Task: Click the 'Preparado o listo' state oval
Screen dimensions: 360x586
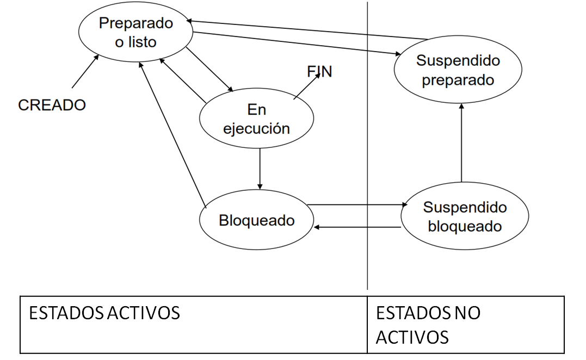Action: [135, 33]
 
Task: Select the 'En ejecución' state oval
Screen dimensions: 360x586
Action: [256, 120]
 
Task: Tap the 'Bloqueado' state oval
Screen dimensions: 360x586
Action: [256, 221]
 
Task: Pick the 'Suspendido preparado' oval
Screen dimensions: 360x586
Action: [458, 70]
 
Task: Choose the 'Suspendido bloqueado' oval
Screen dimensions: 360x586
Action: [465, 217]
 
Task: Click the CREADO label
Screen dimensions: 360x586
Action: [52, 105]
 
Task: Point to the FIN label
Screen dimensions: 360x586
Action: [320, 71]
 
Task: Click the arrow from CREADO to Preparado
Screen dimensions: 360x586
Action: [85, 71]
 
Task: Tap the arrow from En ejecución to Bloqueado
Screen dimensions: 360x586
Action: [260, 169]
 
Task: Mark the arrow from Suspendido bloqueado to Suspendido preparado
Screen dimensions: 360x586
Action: [461, 142]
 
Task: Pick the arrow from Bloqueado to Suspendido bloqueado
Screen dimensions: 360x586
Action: [357, 205]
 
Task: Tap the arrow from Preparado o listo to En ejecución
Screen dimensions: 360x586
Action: [209, 70]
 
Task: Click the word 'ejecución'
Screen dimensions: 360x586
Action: [256, 129]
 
